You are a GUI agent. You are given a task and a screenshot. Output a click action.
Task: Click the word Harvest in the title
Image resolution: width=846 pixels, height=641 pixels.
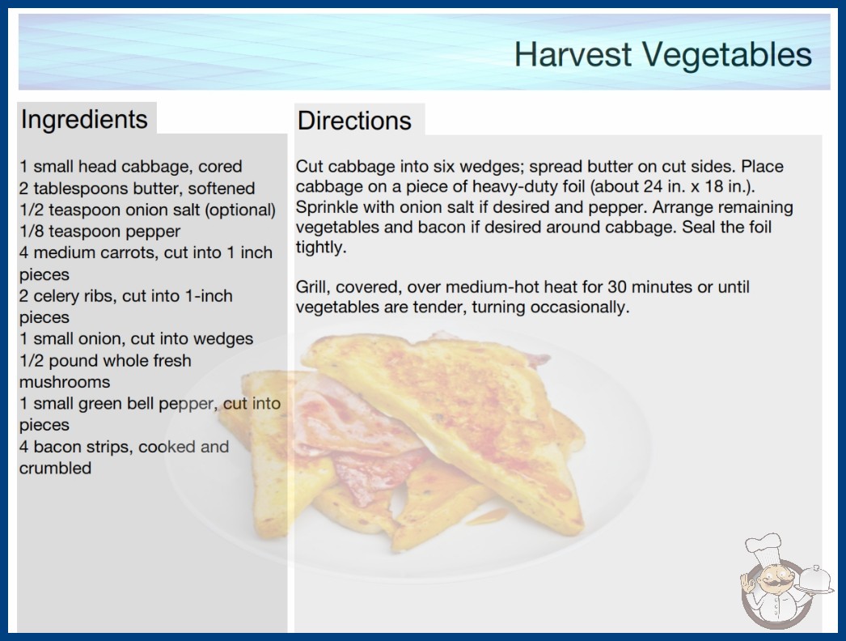(x=573, y=54)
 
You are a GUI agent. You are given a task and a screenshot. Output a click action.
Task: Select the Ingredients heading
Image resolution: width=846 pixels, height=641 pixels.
(x=84, y=120)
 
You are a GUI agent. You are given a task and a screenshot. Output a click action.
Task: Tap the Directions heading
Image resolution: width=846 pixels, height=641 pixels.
(x=354, y=120)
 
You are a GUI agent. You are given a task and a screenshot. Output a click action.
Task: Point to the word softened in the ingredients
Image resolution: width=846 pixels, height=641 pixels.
(x=222, y=188)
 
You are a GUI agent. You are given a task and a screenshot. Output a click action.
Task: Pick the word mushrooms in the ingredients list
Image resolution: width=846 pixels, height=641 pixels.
(x=65, y=382)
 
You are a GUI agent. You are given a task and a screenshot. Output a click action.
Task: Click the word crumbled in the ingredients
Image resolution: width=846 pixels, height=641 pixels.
(x=55, y=468)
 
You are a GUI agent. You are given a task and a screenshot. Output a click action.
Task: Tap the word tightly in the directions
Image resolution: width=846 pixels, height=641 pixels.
(x=320, y=248)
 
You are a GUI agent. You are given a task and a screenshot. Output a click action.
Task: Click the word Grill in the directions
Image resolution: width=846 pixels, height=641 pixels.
(x=311, y=287)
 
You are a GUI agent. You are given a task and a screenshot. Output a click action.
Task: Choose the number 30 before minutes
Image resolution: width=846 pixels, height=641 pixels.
(x=616, y=287)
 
